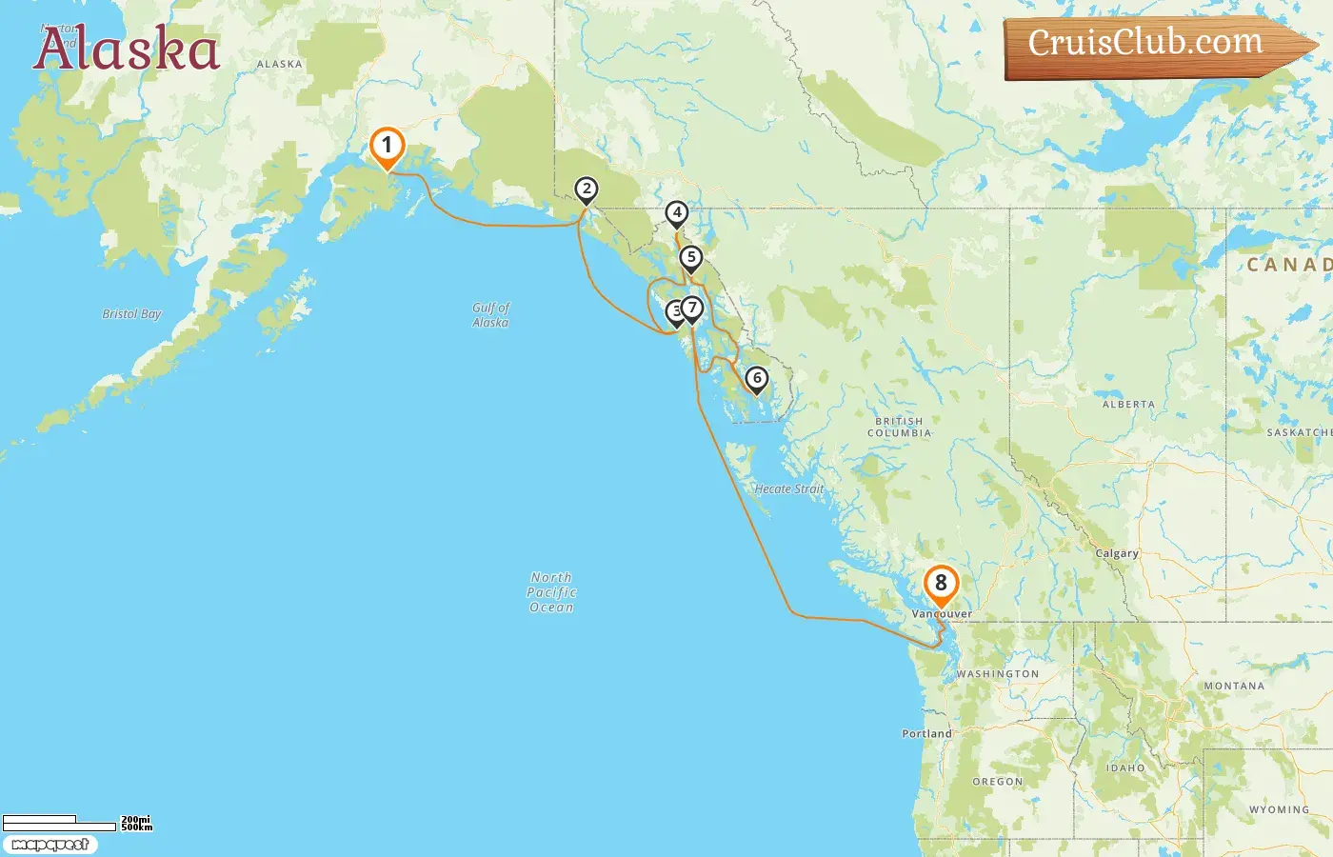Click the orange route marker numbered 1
point(387,147)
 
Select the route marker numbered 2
point(587,189)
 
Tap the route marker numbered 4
point(677,213)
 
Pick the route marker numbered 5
point(691,258)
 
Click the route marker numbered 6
point(757,379)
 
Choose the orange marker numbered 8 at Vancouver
point(941,584)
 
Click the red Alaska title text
point(127,50)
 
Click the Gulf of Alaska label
point(490,315)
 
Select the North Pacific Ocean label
point(552,592)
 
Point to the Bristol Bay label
point(131,314)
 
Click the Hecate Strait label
point(788,489)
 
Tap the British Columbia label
point(899,427)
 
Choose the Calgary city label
point(1117,553)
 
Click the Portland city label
point(926,734)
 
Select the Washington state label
point(998,674)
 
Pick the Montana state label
point(1234,686)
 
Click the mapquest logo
point(50,845)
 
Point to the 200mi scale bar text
point(135,820)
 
